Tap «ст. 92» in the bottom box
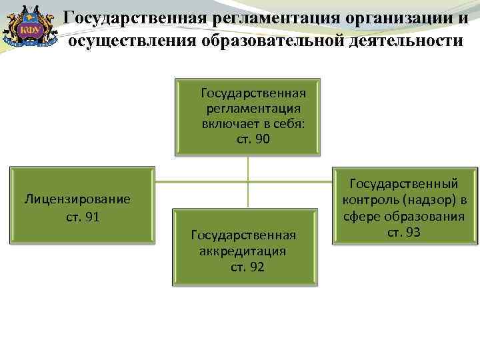[x=247, y=267]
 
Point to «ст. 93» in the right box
[x=403, y=232]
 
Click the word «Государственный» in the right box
[x=404, y=182]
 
